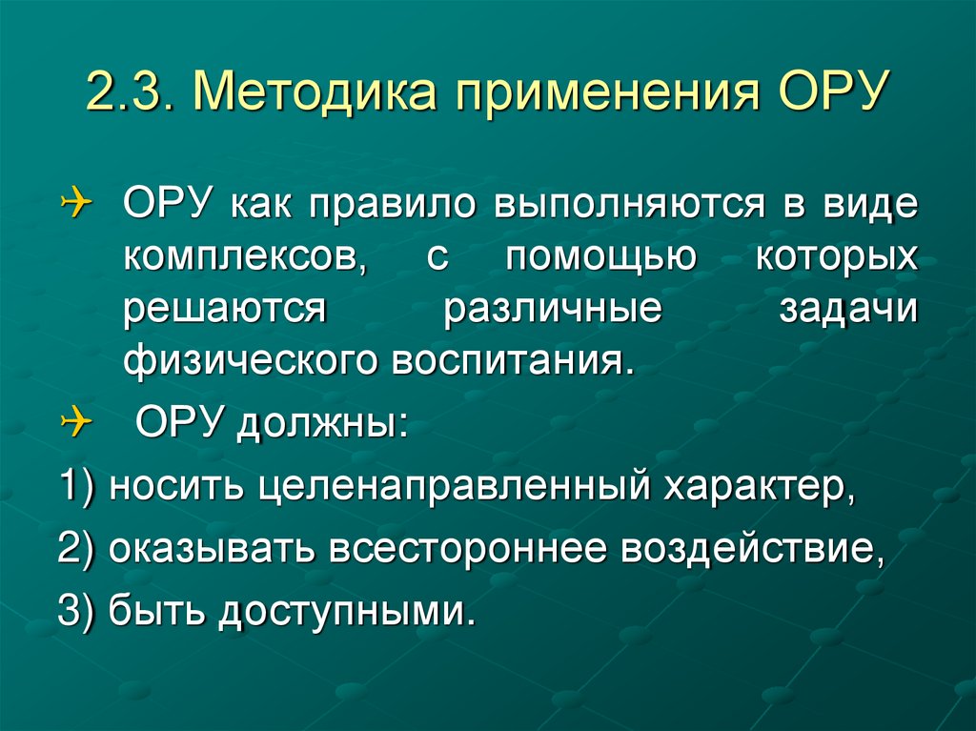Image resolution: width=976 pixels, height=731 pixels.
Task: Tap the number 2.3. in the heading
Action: tap(131, 97)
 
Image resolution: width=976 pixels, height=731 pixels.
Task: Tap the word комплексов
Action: tap(246, 259)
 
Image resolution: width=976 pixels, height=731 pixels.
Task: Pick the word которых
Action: tap(838, 259)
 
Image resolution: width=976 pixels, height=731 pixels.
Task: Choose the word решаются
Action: tap(224, 312)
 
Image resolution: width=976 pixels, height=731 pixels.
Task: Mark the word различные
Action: tap(552, 312)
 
